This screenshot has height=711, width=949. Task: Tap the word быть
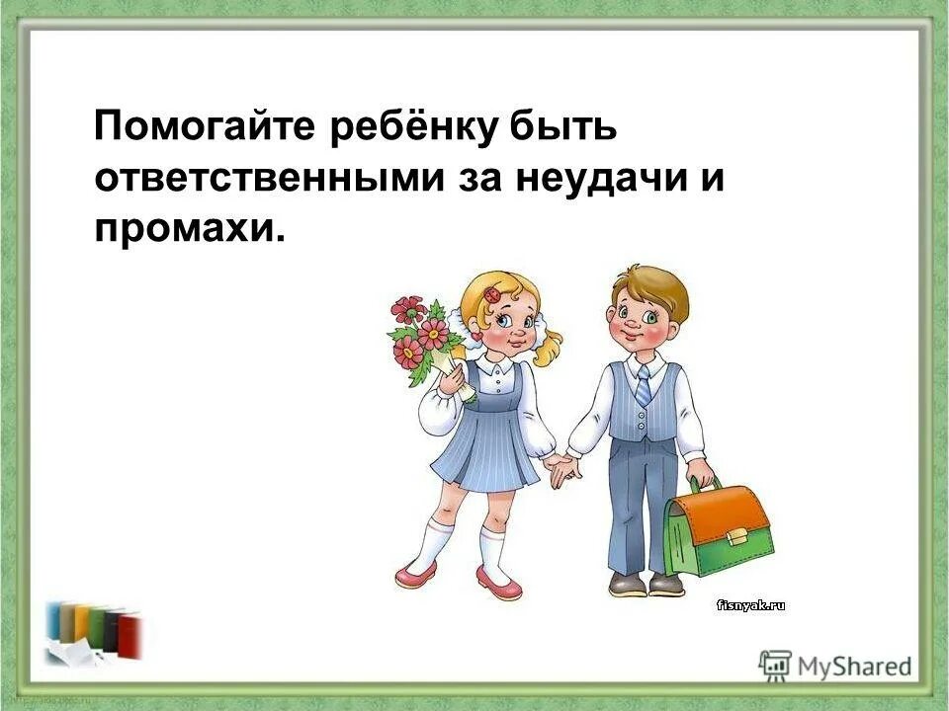[566, 127]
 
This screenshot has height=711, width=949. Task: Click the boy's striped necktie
[644, 384]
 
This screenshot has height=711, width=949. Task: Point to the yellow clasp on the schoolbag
[737, 537]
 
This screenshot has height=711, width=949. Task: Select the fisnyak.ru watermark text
[750, 606]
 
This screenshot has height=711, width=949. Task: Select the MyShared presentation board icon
[775, 665]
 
